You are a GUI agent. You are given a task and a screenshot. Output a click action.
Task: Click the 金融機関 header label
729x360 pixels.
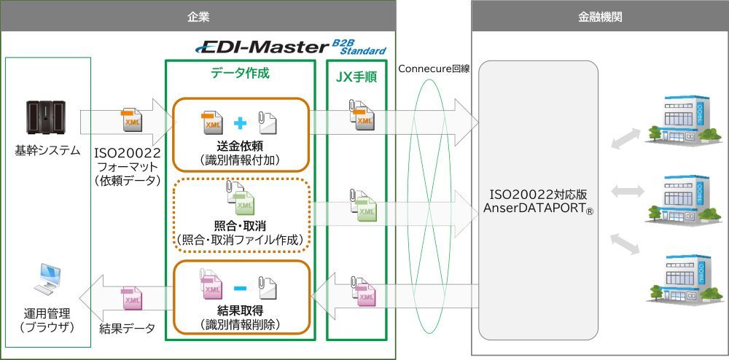point(599,15)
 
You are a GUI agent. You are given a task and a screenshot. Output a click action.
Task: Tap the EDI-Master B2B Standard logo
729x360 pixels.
point(291,48)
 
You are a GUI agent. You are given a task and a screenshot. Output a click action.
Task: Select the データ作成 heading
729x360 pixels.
point(240,74)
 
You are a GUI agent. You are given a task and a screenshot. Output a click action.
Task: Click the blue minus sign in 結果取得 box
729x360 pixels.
point(240,289)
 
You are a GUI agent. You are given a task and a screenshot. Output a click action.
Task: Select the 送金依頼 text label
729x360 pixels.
point(240,146)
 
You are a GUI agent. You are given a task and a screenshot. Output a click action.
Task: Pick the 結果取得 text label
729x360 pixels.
point(240,310)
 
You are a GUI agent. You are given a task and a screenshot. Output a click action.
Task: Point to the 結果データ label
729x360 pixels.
point(128,329)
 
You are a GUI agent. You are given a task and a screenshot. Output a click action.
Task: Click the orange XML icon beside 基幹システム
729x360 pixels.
point(132,122)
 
